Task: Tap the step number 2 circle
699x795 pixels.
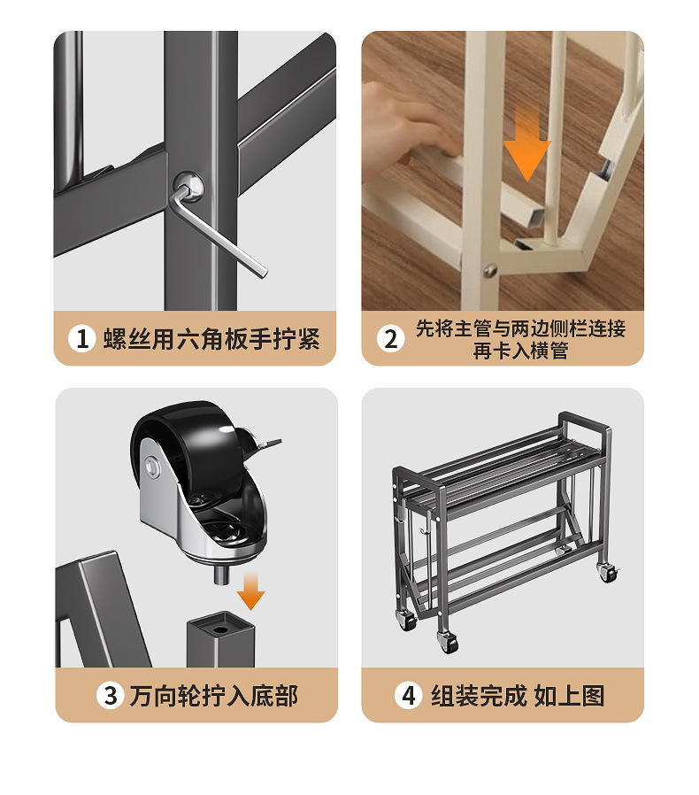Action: coord(391,338)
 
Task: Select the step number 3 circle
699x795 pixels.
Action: coord(111,696)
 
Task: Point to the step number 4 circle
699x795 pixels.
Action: coord(408,696)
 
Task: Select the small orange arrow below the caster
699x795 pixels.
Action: coord(251,591)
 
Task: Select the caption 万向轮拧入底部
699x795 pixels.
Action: coord(213,696)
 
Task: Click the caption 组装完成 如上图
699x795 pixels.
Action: coord(518,696)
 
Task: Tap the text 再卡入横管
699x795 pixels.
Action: coord(519,350)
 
